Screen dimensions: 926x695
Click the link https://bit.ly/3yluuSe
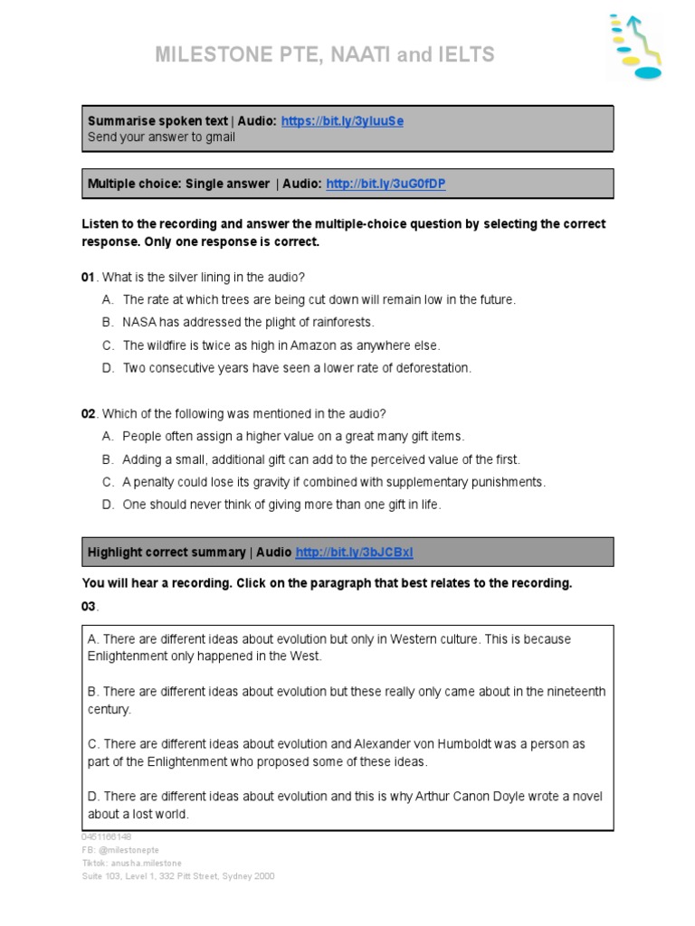pos(342,121)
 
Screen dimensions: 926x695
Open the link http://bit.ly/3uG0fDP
pos(386,184)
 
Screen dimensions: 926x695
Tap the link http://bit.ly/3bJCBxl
pos(354,553)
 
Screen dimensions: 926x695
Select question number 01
pos(88,277)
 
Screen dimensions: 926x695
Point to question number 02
pos(89,414)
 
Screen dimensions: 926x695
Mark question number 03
pos(89,606)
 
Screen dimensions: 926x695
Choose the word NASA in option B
pos(139,323)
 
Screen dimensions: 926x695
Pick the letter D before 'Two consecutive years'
pos(107,368)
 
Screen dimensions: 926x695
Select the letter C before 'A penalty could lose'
pos(107,482)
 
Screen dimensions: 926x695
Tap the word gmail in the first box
pos(219,137)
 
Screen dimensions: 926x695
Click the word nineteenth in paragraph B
pos(574,692)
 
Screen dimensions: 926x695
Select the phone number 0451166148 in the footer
pos(106,837)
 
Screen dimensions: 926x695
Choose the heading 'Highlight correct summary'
pos(167,553)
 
